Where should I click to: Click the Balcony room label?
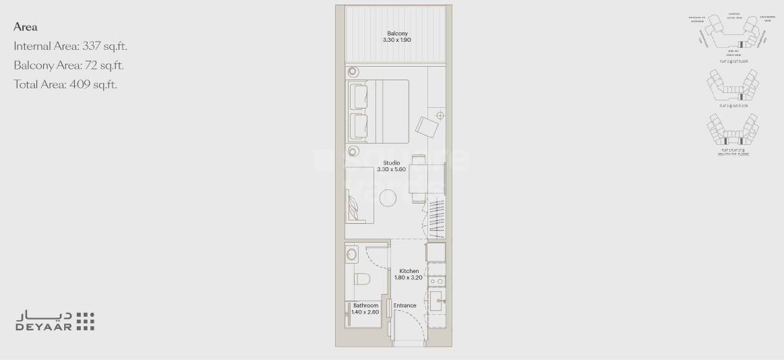397,34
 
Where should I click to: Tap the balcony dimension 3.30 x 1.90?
397,40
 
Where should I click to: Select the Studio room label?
391,163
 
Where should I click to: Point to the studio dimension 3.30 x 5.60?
391,170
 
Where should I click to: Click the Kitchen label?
409,271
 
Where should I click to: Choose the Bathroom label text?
366,305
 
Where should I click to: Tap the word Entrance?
405,305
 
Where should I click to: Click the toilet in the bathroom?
361,279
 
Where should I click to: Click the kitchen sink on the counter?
435,300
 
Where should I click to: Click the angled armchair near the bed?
428,126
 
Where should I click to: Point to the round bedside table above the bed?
354,72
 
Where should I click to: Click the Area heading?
25,27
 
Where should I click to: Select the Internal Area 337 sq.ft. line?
71,47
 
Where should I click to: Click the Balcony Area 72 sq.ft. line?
69,65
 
